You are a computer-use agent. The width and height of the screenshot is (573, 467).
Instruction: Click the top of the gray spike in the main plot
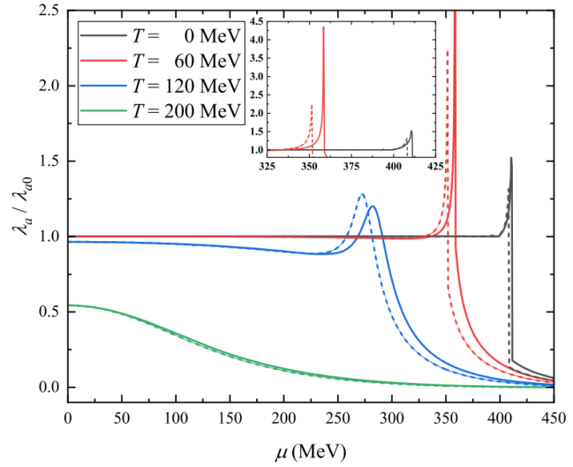[x=511, y=159]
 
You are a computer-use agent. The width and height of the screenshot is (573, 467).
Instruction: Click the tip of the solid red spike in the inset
[x=324, y=27]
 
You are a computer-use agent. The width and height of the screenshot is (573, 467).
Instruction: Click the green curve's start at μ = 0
[x=69, y=305]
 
